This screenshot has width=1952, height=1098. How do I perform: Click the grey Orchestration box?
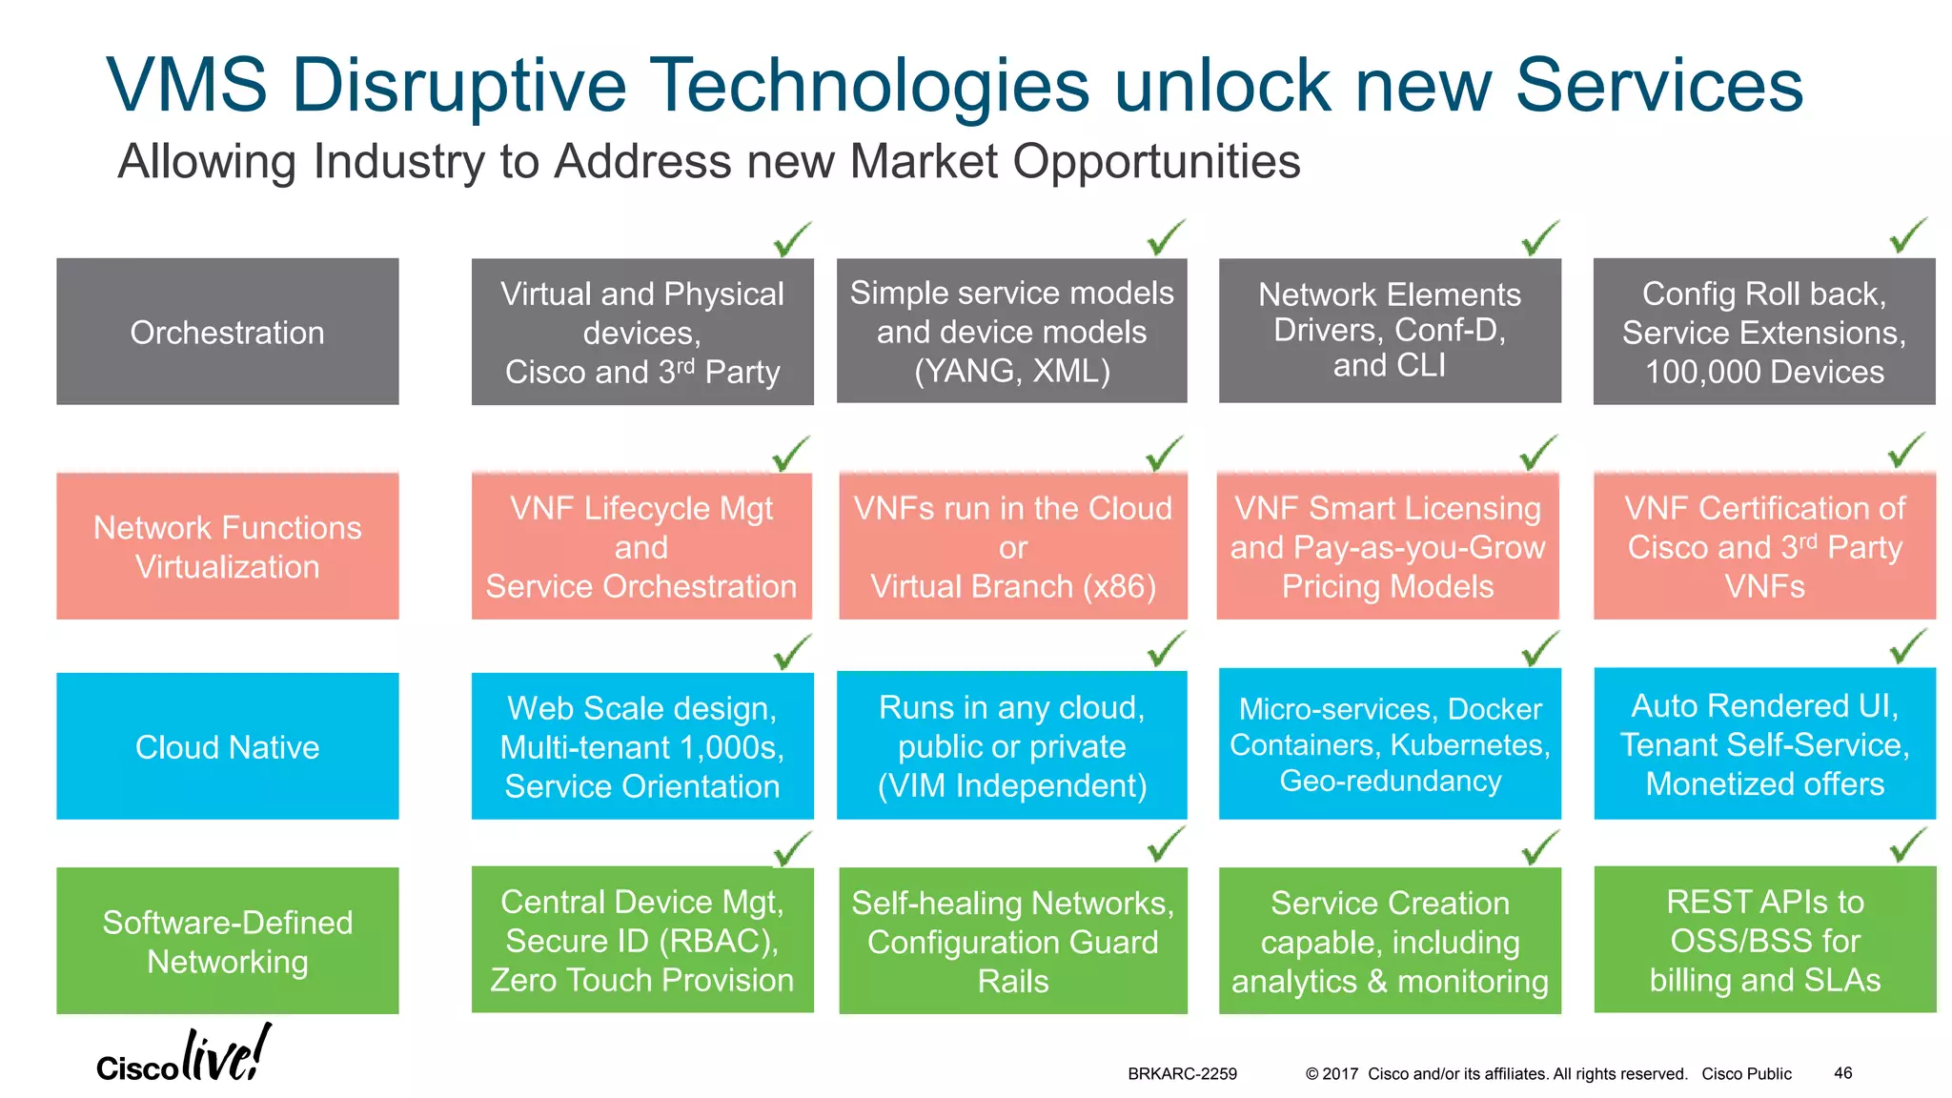point(227,332)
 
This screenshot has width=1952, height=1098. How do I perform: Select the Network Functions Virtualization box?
point(227,546)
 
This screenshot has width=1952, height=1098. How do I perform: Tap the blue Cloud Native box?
point(227,746)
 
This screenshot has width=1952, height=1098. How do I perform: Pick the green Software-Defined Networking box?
point(227,941)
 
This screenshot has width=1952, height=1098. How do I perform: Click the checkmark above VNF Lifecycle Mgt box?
point(791,454)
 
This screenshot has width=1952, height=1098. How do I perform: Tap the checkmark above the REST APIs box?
point(1908,844)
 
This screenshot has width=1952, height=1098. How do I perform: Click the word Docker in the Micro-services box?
point(1494,709)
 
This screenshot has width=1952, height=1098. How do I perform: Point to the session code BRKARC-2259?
point(1182,1074)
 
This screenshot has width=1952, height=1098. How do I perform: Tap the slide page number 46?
point(1842,1073)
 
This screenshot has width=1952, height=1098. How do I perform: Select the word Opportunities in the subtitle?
point(1156,161)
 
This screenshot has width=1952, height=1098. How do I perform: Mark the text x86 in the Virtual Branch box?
point(1118,586)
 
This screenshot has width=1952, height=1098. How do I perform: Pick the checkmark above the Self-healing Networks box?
point(1166,844)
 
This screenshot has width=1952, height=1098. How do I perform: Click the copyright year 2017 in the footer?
point(1340,1074)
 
